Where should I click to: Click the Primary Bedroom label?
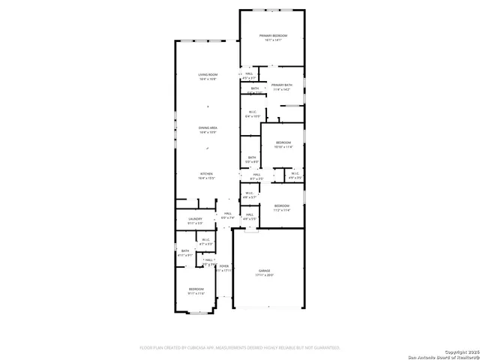pos(273,36)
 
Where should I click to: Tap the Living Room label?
pos(208,75)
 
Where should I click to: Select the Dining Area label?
pos(208,127)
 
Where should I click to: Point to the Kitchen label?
pos(206,173)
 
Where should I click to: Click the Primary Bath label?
pos(280,85)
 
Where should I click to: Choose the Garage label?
pos(264,270)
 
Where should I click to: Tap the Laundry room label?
pos(195,219)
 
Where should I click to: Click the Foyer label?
pos(223,266)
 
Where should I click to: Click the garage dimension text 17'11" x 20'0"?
pos(264,275)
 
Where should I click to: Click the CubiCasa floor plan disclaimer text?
pos(240,348)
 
